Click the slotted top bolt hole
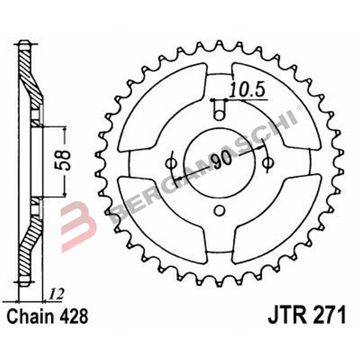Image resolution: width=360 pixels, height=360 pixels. pos(219,109)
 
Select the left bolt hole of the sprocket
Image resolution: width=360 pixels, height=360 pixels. pos(171,162)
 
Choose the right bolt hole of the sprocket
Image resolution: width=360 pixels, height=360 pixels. pos(268,162)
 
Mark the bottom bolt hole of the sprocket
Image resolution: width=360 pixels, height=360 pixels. pos(219,210)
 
